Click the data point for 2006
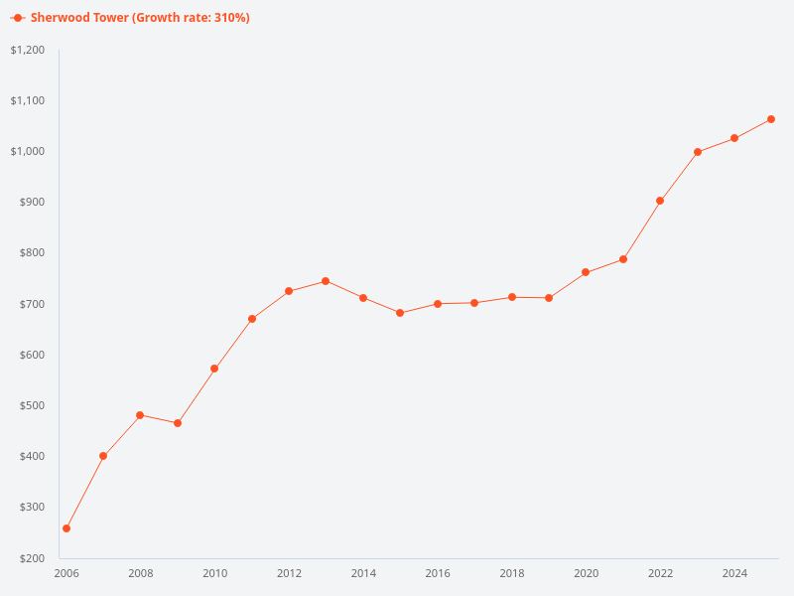[x=66, y=528]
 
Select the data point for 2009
[x=178, y=423]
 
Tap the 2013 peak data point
[x=326, y=281]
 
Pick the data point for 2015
[x=400, y=313]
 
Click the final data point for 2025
[x=771, y=119]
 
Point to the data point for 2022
[x=660, y=201]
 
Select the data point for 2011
[x=252, y=319]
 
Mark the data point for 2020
[x=586, y=272]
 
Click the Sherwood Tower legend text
[x=140, y=18]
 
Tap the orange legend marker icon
[x=18, y=18]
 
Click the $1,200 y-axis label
[x=28, y=50]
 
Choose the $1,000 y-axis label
[x=28, y=151]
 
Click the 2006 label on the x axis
[x=66, y=573]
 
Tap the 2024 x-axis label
[x=734, y=573]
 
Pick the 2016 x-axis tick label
[x=438, y=573]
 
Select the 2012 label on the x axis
[x=289, y=573]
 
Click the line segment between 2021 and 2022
[x=641, y=230]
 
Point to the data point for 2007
[x=103, y=456]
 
